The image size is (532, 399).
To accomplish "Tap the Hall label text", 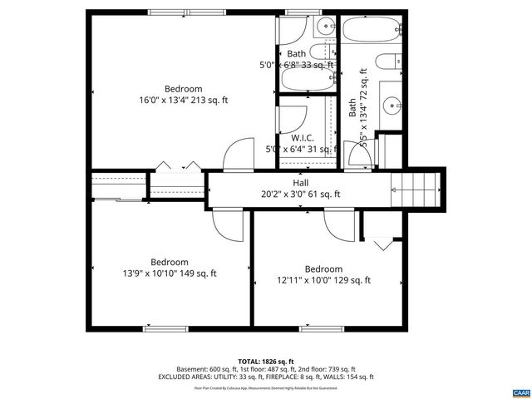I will [x=300, y=183].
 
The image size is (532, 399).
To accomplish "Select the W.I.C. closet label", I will [x=300, y=138].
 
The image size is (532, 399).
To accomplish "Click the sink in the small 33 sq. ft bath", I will [x=293, y=28].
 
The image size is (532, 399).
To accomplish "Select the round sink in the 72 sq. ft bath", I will [x=392, y=105].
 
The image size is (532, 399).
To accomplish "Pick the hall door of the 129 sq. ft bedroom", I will [x=339, y=223].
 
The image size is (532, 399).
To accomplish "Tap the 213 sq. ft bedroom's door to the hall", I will [x=237, y=155].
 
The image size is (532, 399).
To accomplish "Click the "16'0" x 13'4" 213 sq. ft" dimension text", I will [x=183, y=101].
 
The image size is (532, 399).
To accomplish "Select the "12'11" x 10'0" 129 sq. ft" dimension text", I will [x=323, y=280].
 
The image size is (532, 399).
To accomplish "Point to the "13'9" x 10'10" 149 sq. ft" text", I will [x=169, y=273].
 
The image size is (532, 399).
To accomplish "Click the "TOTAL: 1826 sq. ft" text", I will [x=265, y=361].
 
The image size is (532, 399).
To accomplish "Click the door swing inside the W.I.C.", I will [x=295, y=116].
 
